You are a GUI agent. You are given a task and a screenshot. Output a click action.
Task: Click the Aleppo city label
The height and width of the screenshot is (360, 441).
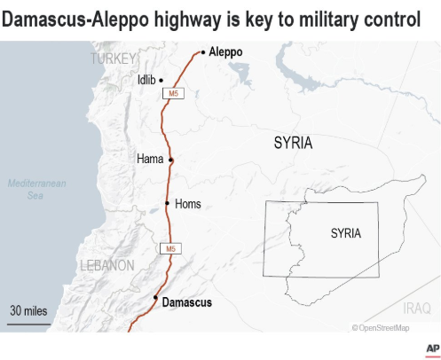[225, 52]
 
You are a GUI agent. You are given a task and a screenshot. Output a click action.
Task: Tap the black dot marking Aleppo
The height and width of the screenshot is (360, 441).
[203, 52]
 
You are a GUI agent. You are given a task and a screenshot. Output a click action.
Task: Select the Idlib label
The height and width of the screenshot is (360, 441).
[146, 80]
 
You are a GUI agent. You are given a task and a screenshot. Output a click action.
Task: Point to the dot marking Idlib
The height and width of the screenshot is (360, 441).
[161, 80]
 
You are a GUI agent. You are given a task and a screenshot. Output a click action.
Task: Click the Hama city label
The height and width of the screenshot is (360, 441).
[150, 160]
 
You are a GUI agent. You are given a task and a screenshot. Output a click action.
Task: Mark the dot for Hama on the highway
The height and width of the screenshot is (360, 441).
[171, 160]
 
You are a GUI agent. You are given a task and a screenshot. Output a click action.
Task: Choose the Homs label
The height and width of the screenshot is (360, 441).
[188, 204]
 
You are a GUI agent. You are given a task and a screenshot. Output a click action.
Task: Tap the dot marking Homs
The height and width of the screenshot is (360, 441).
[168, 204]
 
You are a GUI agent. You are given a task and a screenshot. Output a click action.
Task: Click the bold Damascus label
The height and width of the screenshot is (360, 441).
[187, 302]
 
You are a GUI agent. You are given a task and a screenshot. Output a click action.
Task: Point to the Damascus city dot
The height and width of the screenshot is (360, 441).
[155, 298]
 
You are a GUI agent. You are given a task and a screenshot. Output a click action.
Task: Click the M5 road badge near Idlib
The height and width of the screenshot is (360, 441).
[172, 93]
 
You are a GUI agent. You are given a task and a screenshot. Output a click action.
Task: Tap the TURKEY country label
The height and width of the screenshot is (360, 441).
[114, 59]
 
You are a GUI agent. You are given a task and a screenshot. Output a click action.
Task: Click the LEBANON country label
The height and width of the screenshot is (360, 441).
[107, 265]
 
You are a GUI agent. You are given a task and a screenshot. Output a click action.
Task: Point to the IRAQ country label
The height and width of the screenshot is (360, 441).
[415, 308]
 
